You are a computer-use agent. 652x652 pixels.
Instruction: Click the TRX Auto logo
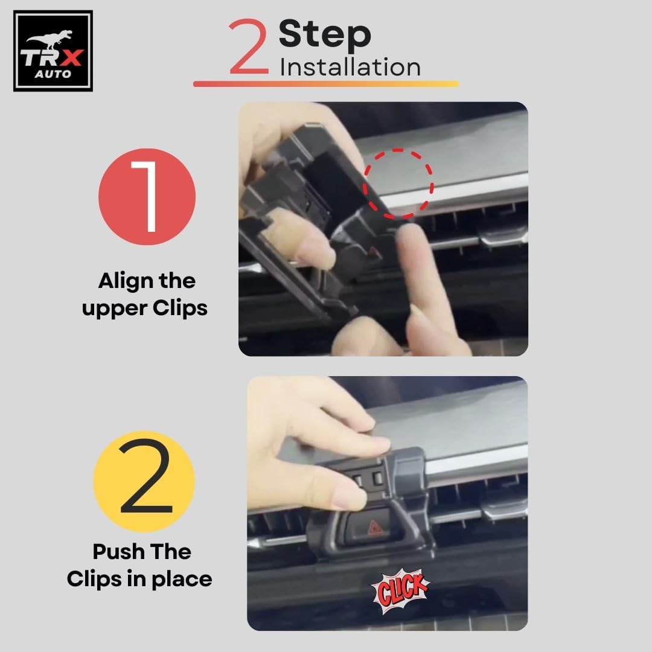(53, 51)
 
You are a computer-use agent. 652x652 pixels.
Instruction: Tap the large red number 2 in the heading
(249, 46)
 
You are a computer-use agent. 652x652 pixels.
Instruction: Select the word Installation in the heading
(350, 68)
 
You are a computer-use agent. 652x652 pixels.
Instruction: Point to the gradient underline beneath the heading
(326, 83)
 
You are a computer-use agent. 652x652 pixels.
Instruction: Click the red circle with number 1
(147, 197)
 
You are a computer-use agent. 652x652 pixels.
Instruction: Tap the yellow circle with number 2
(144, 482)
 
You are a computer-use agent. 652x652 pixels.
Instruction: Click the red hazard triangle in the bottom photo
(376, 529)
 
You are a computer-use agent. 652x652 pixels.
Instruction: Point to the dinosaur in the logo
(50, 39)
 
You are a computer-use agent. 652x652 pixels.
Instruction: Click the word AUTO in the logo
(53, 74)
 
